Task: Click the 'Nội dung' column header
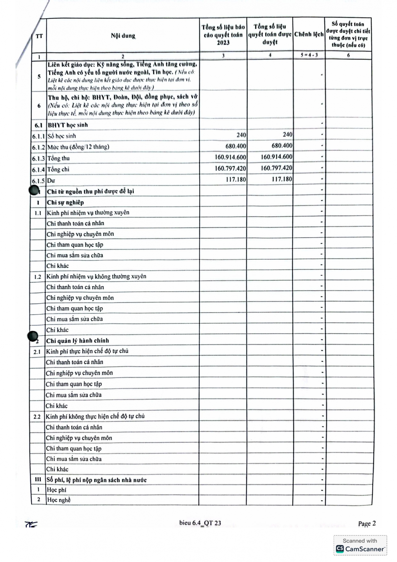coord(123,36)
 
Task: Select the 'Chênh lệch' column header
coord(309,35)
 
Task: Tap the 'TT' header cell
coord(39,36)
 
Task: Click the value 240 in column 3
coord(241,135)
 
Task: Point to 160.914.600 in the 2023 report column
coord(230,157)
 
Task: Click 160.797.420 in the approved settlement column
coord(276,168)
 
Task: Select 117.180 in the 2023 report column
coord(236,179)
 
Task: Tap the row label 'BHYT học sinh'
coord(68,125)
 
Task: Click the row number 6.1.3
coord(38,158)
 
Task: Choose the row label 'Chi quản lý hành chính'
coord(77,341)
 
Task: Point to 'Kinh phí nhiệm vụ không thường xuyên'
coord(96,277)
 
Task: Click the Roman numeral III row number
coord(38,479)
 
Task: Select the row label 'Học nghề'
coord(59,500)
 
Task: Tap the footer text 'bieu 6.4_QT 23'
coord(200,523)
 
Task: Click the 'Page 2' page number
coord(367,524)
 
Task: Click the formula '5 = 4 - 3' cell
coord(309,55)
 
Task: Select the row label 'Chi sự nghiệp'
coord(65,203)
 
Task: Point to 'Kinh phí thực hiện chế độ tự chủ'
coord(87,351)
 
